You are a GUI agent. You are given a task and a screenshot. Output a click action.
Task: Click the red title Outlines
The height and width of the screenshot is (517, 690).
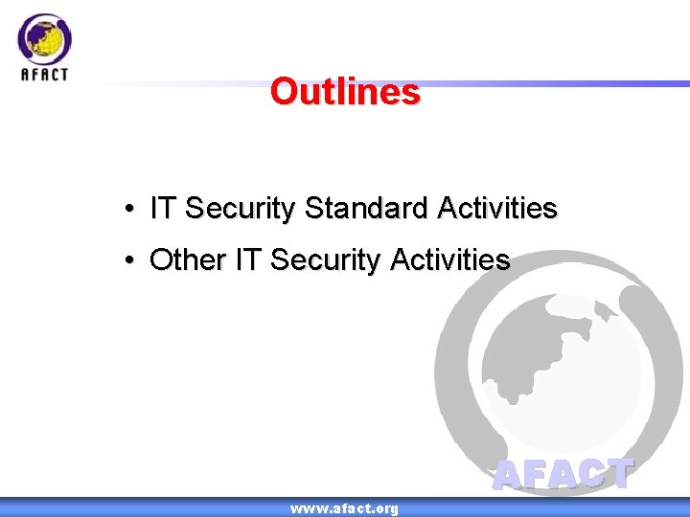click(x=345, y=92)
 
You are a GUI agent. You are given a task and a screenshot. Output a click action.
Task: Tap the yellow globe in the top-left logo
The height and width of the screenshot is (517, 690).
click(x=44, y=39)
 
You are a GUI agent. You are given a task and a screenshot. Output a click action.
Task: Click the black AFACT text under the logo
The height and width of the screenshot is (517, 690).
click(x=44, y=74)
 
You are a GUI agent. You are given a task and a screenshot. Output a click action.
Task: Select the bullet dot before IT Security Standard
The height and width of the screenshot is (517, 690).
click(x=127, y=209)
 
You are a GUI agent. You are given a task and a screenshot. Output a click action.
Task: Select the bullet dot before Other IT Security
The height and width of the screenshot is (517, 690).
click(x=127, y=260)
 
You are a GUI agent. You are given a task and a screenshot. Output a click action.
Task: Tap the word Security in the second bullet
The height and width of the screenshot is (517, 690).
click(x=326, y=259)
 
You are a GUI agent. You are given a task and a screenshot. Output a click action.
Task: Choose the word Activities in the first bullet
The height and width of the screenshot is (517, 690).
click(x=496, y=208)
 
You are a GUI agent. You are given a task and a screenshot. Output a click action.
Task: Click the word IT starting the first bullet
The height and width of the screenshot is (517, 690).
click(x=163, y=208)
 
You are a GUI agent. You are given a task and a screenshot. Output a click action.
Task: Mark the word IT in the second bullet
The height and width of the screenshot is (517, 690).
click(x=246, y=259)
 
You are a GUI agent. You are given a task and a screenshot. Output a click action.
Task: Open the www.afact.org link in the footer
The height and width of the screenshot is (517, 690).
click(x=344, y=508)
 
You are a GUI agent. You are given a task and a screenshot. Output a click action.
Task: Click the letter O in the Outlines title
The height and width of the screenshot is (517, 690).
click(x=284, y=92)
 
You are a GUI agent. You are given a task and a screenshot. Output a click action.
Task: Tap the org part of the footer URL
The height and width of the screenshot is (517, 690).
click(x=385, y=508)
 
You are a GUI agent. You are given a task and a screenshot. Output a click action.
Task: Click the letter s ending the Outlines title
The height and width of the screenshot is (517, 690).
click(x=411, y=93)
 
